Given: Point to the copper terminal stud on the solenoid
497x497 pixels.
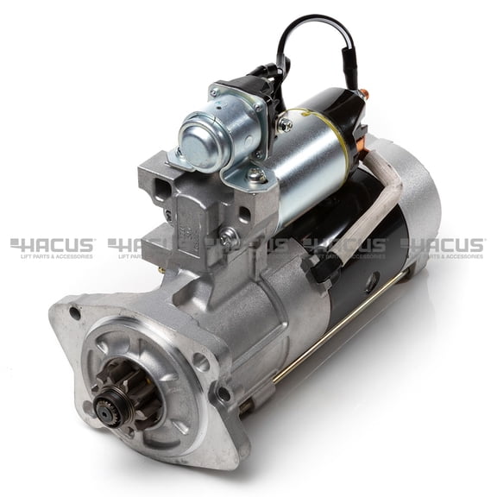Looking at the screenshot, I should coord(363,94).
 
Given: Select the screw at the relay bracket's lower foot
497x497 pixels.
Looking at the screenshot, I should coord(256,175).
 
